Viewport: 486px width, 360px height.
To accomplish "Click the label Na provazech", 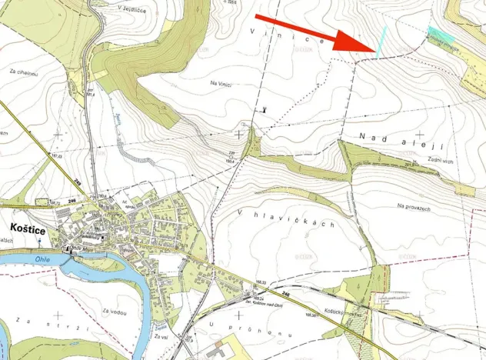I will click(414, 206).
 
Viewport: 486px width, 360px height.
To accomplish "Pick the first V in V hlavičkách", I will click(241, 212).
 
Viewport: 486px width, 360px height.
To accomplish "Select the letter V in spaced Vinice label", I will click(254, 28).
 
